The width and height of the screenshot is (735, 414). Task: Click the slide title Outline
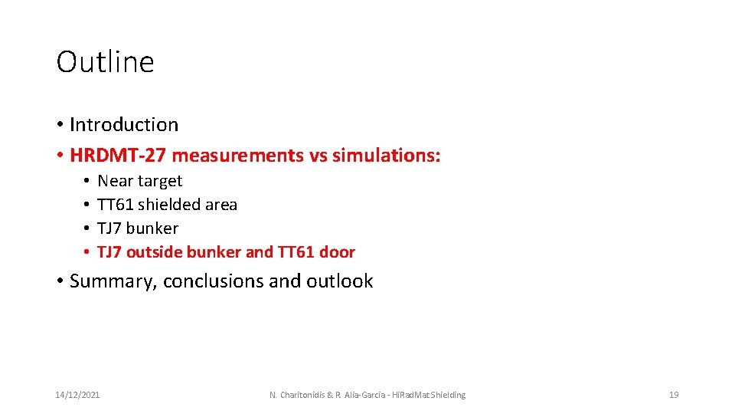click(x=105, y=62)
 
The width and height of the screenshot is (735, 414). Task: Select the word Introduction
click(x=124, y=125)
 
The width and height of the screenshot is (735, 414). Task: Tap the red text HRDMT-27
click(x=118, y=156)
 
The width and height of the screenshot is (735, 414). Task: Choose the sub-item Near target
click(x=140, y=181)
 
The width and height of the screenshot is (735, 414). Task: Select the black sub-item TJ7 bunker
click(x=138, y=228)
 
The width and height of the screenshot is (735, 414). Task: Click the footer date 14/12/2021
click(x=77, y=395)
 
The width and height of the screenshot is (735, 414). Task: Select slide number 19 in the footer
click(x=674, y=395)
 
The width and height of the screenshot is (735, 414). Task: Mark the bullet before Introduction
click(x=60, y=125)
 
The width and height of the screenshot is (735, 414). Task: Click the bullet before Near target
click(x=88, y=181)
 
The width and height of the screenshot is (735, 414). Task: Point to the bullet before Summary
click(x=60, y=281)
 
